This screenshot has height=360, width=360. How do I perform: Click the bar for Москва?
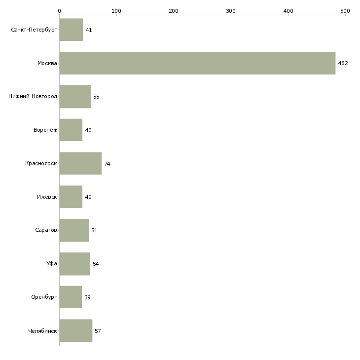[x=197, y=63]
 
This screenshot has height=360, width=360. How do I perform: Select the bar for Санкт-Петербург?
[x=71, y=30]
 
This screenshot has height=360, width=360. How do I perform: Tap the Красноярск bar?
[x=80, y=163]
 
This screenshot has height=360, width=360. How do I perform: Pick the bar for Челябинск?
[x=76, y=330]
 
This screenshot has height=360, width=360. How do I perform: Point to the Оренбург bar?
[x=71, y=297]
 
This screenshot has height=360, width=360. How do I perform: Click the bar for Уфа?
[x=75, y=264]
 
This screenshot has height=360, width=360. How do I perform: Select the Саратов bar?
[x=74, y=230]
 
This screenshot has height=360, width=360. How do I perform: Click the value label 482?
[x=343, y=63]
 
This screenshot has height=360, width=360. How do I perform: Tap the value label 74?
[x=107, y=164]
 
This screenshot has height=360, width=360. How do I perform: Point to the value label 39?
[x=87, y=297]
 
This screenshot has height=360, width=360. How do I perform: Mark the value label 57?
[x=98, y=331]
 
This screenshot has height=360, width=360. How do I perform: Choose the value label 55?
[x=96, y=97]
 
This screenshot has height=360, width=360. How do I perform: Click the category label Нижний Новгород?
[x=33, y=96]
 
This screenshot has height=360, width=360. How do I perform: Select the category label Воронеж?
[x=45, y=130]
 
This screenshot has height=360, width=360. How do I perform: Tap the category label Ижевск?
[x=47, y=197]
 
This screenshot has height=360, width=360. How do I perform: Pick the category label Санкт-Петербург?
[x=34, y=30]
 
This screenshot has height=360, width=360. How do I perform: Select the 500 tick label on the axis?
[x=345, y=11]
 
